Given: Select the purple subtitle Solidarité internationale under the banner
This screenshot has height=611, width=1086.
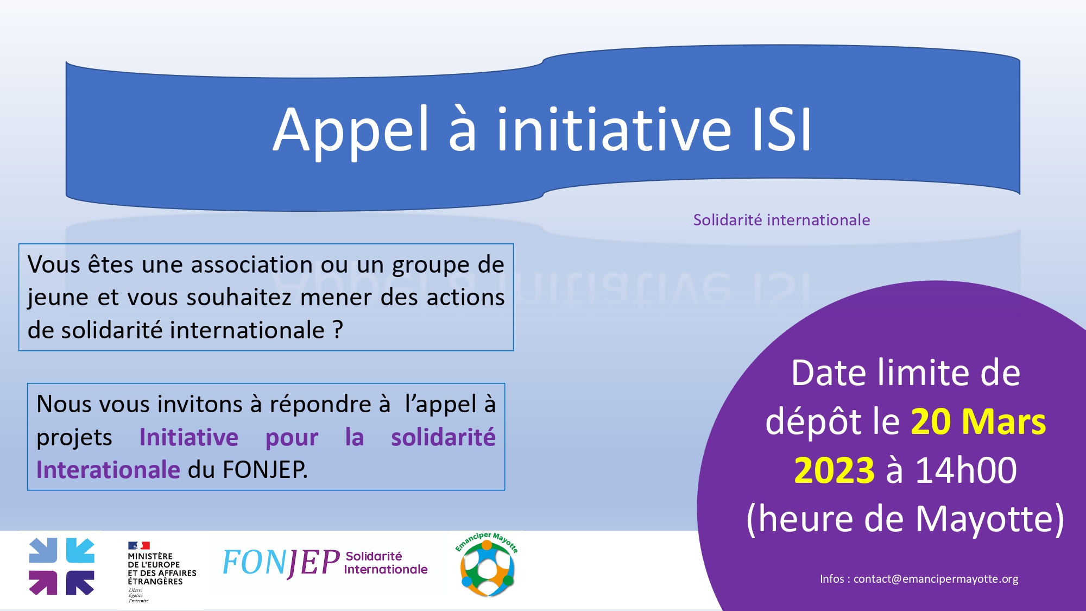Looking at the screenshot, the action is (781, 220).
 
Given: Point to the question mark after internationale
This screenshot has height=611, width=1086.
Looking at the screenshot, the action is (338, 330).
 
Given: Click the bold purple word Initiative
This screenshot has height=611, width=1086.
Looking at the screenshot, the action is (189, 437).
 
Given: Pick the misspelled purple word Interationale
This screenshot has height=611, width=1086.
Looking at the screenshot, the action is (108, 470).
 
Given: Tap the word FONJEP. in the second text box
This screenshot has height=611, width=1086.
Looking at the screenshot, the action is (265, 470).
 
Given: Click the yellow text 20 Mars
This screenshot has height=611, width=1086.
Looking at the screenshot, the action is (978, 421).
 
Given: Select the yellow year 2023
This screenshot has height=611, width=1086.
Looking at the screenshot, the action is (834, 470).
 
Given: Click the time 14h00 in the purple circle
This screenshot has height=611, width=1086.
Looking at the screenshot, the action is (967, 470).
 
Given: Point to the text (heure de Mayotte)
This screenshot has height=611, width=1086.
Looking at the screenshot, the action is (905, 519).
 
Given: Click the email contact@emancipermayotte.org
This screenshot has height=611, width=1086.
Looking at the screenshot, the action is (936, 579).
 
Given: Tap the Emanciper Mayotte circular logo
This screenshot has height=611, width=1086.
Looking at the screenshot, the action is (487, 565).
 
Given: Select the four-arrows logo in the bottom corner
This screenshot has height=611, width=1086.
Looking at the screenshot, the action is (61, 566).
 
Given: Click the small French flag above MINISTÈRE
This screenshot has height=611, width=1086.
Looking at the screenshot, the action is (138, 545).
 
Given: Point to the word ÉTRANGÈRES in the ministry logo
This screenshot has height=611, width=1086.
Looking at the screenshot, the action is (155, 582).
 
